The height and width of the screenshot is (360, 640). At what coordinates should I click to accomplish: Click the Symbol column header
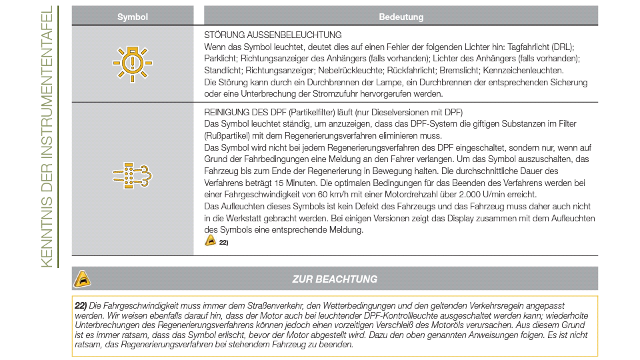(133, 17)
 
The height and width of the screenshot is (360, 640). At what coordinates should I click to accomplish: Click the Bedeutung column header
(401, 17)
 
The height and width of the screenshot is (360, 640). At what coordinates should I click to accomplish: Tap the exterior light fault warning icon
(133, 64)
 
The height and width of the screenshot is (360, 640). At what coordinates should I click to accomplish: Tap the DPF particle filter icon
(133, 177)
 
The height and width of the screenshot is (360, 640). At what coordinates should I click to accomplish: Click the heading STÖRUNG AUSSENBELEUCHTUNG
(273, 35)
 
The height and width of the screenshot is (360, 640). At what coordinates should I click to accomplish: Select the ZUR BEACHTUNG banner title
(335, 279)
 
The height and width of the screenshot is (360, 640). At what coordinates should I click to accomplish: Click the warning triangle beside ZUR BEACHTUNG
(82, 279)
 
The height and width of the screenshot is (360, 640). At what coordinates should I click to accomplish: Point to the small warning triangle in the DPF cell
(211, 241)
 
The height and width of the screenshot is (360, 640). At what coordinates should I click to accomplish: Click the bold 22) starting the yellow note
(81, 305)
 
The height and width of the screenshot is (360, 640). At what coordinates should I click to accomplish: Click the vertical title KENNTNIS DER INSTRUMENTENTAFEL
(47, 138)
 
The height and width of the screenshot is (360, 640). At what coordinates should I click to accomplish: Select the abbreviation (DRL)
(563, 47)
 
